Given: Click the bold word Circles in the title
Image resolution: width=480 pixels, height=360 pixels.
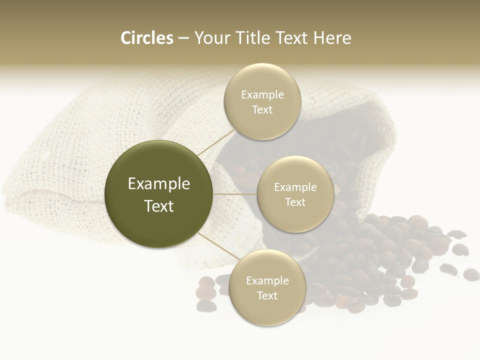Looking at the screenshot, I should click(147, 38).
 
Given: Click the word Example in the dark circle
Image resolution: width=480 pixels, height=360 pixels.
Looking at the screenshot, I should click(159, 184).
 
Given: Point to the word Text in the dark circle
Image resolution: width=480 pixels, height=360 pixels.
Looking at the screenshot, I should click(159, 206).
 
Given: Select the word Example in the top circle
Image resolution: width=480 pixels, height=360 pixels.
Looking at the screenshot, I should click(262, 95).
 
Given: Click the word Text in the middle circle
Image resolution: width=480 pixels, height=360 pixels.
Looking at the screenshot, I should click(295, 202).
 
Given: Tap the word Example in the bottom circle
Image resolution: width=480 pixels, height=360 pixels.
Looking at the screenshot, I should click(267, 281).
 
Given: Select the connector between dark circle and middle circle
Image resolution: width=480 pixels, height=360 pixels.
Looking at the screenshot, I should click(235, 194).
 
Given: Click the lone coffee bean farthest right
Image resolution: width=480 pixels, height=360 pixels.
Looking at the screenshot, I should click(471, 274).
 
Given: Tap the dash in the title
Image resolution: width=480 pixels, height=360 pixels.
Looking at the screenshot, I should click(183, 38).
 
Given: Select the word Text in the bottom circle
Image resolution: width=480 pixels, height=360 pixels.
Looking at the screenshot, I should click(267, 295).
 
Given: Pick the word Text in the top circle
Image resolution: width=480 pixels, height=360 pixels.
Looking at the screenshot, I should click(262, 110).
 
